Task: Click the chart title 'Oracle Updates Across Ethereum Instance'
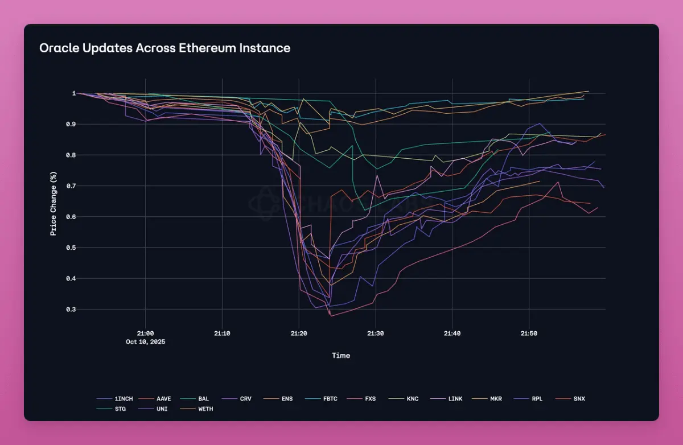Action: point(164,48)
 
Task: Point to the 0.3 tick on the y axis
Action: point(71,310)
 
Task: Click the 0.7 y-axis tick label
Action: point(71,186)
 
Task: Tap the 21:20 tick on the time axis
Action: point(299,333)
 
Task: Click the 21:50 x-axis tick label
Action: point(529,333)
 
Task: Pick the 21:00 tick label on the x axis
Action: point(145,333)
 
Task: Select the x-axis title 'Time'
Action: point(341,356)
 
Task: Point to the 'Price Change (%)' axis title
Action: point(53,201)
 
